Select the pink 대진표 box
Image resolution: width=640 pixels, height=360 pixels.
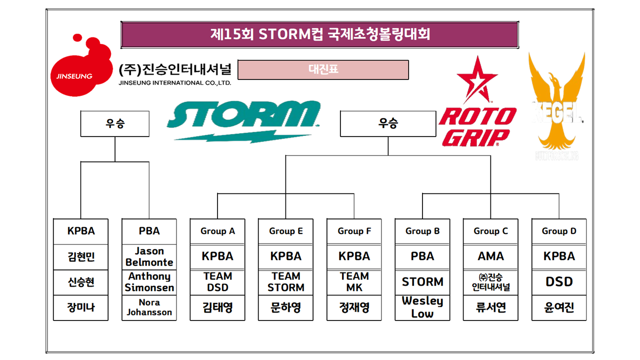click(x=323, y=69)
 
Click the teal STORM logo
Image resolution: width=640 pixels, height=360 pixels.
click(x=243, y=120)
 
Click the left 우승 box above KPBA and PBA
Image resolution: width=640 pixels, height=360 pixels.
click(x=115, y=124)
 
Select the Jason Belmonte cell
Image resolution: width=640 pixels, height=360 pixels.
click(x=149, y=256)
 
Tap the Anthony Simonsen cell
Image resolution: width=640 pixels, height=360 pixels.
click(x=149, y=282)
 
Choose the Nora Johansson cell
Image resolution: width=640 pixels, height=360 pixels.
click(x=149, y=307)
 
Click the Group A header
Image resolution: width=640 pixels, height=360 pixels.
click(x=217, y=231)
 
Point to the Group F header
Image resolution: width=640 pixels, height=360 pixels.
click(x=354, y=231)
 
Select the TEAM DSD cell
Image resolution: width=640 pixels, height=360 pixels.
click(x=217, y=282)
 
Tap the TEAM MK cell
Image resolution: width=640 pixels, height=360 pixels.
click(x=354, y=282)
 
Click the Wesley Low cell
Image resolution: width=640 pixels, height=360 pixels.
click(x=422, y=307)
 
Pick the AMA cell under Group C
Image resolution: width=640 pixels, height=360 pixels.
click(x=490, y=256)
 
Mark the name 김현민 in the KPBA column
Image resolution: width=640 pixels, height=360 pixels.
click(x=80, y=257)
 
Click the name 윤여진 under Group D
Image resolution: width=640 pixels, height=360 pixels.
click(x=559, y=307)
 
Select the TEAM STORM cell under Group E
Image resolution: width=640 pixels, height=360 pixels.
click(x=285, y=282)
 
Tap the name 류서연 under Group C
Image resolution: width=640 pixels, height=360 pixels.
click(x=490, y=307)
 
